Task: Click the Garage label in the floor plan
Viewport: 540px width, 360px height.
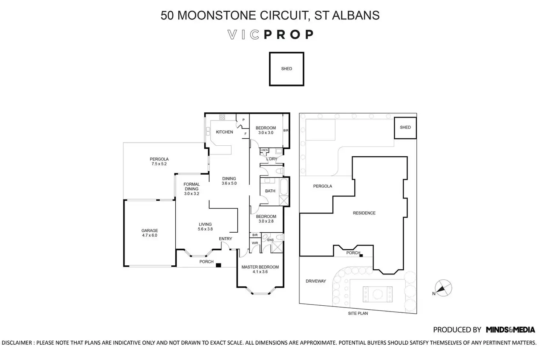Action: pos(150,231)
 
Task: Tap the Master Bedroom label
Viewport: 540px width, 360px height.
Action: pos(260,267)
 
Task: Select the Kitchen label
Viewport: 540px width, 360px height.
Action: pos(225,132)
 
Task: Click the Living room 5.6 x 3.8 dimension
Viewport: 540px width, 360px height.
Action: pos(205,229)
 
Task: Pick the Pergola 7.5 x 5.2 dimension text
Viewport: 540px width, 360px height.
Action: pos(159,164)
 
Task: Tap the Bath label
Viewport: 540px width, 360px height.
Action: pos(270,191)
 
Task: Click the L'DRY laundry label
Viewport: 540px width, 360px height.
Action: pos(272,159)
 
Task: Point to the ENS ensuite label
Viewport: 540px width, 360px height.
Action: pos(270,240)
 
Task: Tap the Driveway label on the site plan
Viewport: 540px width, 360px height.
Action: pos(316,281)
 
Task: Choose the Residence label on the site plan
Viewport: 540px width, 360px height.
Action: pos(364,213)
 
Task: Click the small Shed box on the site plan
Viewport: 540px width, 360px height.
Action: pos(405,128)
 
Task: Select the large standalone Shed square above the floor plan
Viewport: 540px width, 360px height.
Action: pos(287,69)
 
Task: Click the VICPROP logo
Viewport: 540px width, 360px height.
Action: pos(270,34)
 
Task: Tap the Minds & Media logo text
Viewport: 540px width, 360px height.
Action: pos(510,330)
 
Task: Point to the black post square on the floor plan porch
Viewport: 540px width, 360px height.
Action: pos(219,265)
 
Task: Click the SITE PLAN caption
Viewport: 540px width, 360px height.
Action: pos(358,313)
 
